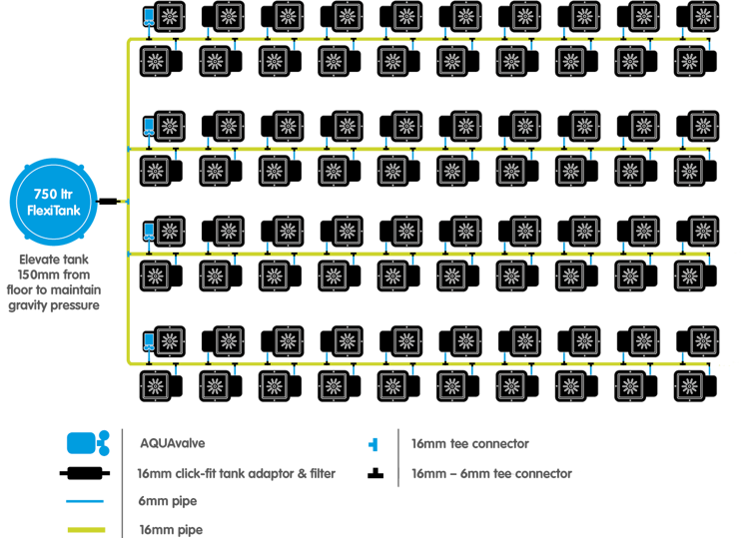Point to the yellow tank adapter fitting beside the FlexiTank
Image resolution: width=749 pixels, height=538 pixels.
[121, 202]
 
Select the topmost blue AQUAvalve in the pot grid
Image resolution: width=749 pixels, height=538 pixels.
[148, 17]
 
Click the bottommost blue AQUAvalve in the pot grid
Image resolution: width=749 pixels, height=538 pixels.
[148, 341]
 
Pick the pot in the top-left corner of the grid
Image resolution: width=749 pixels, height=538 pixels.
[167, 17]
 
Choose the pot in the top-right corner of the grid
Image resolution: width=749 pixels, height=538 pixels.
[700, 17]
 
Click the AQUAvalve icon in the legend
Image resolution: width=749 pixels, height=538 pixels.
[88, 444]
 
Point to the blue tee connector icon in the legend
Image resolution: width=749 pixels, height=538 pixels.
[374, 444]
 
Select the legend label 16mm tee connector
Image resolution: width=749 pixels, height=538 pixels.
[469, 444]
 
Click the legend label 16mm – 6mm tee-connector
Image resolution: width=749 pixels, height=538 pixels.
[496, 474]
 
